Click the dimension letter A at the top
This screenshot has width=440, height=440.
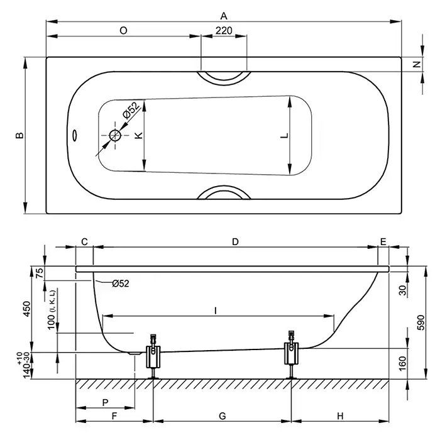(224, 16)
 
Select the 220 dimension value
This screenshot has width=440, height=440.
(224, 30)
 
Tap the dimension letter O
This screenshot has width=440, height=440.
(123, 30)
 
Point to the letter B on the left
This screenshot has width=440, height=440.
(19, 135)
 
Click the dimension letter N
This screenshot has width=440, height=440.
(417, 64)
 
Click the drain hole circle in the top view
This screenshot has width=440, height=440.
(115, 136)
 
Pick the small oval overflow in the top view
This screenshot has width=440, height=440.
(75, 135)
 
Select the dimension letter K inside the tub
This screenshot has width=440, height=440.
(139, 135)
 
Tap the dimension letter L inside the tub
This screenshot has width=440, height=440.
(285, 136)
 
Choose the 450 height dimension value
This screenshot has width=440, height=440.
(26, 309)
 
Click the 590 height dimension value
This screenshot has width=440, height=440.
(421, 322)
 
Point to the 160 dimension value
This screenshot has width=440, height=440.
(402, 363)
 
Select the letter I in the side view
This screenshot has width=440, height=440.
(216, 311)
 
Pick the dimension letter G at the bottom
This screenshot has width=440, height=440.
(223, 415)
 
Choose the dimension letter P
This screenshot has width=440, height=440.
(105, 403)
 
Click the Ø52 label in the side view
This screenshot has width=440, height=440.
(121, 283)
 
